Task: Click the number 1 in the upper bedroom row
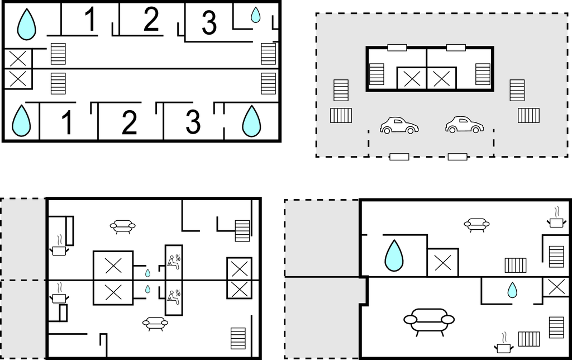click(90, 18)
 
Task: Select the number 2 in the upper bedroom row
click(151, 18)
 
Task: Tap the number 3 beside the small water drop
click(209, 22)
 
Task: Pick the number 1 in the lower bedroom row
click(68, 122)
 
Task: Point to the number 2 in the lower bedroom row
click(130, 122)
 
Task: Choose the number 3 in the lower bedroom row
click(193, 121)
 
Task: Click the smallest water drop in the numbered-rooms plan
click(255, 15)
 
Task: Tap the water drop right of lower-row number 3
click(251, 121)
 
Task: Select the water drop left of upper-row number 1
click(27, 25)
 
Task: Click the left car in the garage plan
click(399, 125)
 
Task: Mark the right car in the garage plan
click(464, 125)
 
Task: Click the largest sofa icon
click(429, 321)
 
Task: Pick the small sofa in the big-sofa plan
click(476, 225)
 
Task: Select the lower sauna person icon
click(174, 297)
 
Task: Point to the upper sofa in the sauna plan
click(122, 226)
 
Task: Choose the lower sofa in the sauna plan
click(155, 324)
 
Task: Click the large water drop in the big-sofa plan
click(394, 255)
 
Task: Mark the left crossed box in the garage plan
click(412, 78)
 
